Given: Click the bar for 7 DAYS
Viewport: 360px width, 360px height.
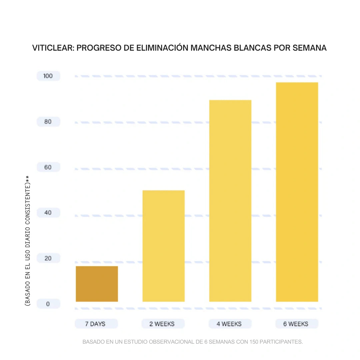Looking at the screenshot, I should (97, 284).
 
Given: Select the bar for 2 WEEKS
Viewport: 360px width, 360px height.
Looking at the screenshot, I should (163, 246).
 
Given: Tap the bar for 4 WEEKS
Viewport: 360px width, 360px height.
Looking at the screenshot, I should (230, 201).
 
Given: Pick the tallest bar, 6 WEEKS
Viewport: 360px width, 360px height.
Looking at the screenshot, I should (297, 192).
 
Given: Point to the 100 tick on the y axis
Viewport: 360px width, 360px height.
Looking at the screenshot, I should (48, 76).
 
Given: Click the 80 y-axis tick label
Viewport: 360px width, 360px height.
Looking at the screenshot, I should (48, 122).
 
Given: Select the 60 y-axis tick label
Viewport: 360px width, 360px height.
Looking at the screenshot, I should (48, 167).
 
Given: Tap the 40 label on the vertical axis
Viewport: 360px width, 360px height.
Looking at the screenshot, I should (48, 213).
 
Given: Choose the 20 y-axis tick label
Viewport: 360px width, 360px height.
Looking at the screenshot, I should (48, 258).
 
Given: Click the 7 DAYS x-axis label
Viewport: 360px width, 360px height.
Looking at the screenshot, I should (96, 324).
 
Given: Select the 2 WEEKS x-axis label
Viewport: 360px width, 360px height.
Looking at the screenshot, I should (163, 324).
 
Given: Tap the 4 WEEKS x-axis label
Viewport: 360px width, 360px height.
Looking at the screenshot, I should (230, 324).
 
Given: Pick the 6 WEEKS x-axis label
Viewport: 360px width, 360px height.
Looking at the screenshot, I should (296, 324).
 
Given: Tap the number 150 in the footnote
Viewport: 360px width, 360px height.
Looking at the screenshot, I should (254, 342).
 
